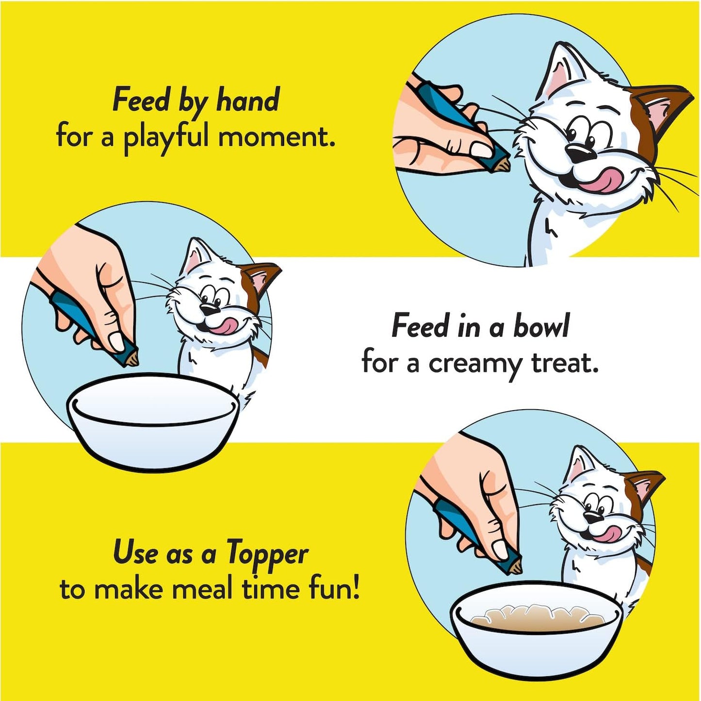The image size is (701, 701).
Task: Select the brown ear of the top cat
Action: (657, 109)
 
